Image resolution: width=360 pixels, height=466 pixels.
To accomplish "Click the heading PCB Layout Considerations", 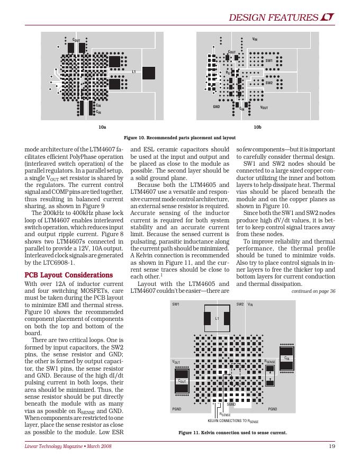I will [x=69, y=275].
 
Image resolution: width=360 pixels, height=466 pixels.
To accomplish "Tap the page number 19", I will [x=331, y=446].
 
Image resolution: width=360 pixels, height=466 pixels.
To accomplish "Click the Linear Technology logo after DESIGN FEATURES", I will [x=328, y=18].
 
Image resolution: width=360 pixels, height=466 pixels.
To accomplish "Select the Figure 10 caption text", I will [x=179, y=137].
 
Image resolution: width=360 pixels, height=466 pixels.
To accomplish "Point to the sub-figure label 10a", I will [x=102, y=128].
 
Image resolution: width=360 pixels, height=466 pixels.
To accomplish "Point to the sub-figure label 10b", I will [x=257, y=128].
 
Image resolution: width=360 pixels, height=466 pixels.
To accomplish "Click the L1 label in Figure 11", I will [x=217, y=319].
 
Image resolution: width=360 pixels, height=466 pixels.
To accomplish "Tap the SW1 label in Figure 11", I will [x=176, y=304].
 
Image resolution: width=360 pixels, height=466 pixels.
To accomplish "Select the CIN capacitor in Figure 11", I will [x=286, y=358].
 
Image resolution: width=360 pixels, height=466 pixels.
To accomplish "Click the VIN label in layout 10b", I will [x=255, y=39].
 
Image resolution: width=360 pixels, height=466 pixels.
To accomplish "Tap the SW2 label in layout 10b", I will [x=268, y=83].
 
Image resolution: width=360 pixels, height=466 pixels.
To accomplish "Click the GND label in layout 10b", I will [x=216, y=107].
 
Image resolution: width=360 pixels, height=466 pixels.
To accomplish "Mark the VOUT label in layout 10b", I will [x=264, y=107].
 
